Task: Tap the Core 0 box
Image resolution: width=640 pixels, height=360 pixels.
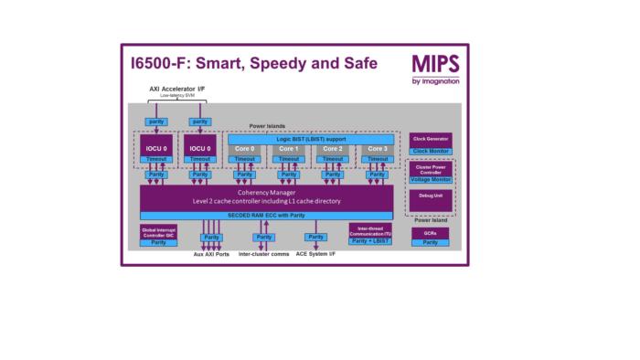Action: pos(244,148)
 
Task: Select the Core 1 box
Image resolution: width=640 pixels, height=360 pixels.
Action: pos(289,148)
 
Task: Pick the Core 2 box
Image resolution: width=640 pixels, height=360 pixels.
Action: pos(333,148)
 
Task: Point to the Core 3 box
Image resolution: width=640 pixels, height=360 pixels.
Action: pos(377,148)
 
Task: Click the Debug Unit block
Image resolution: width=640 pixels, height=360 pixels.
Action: pos(432,196)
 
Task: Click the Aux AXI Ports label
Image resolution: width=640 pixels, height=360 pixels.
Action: pos(211,254)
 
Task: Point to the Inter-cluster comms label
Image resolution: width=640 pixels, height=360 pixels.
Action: pos(264,254)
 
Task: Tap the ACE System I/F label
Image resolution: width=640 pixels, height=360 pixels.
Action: pos(316,254)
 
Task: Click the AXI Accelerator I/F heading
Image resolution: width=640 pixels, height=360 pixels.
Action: pos(176,89)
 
